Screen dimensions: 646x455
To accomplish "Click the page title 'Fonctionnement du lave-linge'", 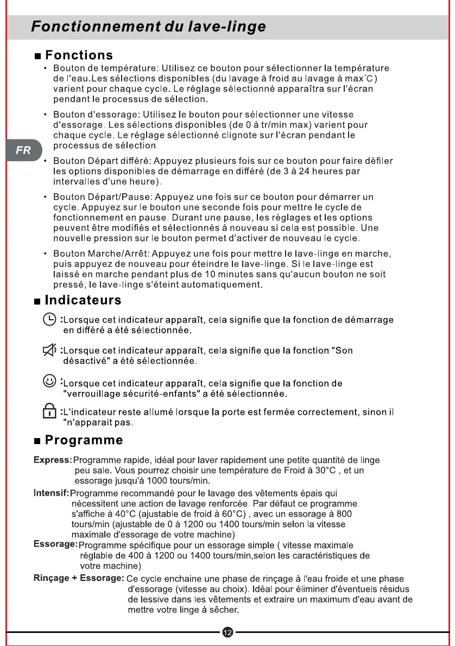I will [148, 27].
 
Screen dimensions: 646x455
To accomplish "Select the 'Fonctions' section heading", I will [79, 55].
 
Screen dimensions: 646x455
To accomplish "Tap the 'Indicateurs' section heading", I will [83, 300].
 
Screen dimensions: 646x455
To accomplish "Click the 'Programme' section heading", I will [84, 439].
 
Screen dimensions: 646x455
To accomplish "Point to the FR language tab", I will [23, 150].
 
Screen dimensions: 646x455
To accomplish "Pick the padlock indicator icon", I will [49, 414].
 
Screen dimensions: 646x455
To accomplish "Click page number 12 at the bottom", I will [227, 632].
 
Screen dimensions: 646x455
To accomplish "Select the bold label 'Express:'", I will [53, 460].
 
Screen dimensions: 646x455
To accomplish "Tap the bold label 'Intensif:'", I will [52, 493].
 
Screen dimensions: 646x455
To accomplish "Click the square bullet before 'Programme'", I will [37, 440].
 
